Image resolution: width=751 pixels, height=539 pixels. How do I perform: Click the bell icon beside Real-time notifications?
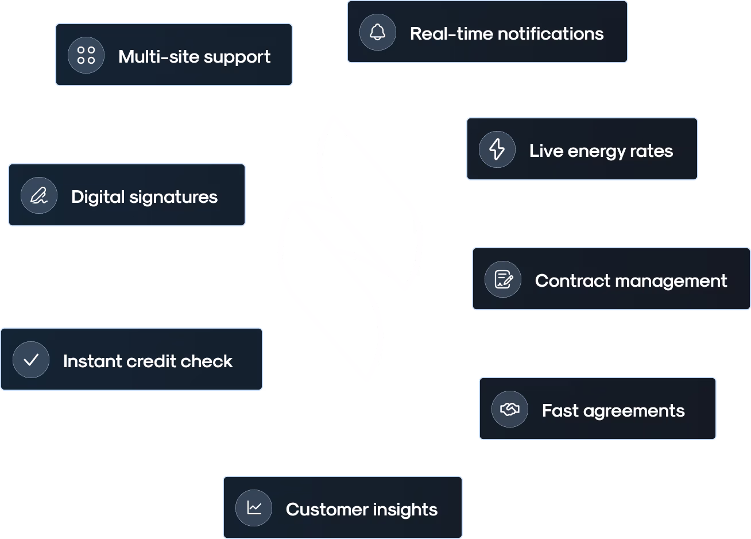[x=377, y=32]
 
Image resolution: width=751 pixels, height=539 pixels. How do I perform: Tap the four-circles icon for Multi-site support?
[x=86, y=55]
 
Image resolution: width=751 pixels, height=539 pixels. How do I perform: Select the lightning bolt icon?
[x=497, y=149]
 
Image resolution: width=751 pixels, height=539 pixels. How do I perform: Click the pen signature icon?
[x=38, y=196]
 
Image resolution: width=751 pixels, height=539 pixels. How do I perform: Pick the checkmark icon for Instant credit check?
[x=31, y=360]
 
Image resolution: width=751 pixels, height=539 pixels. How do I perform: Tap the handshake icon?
[x=509, y=409]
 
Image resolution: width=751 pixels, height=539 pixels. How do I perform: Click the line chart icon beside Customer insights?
[x=254, y=508]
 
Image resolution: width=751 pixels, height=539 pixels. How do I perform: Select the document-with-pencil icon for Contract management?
[x=503, y=279]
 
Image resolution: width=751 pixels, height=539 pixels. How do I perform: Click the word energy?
[x=596, y=151]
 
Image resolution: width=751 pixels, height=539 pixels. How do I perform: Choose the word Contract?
[x=572, y=281]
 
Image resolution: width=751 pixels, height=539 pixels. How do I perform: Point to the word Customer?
[x=327, y=510]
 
